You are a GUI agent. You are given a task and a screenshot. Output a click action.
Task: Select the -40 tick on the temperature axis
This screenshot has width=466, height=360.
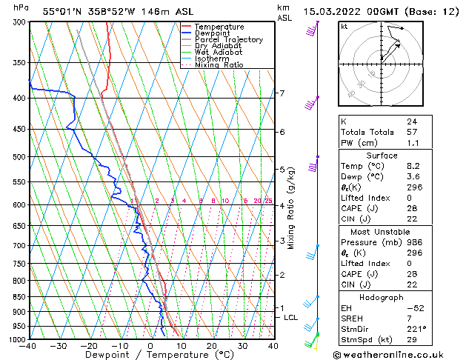pyautogui.click(x=28, y=346)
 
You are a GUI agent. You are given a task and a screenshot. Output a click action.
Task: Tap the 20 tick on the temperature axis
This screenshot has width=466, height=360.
pyautogui.click(x=211, y=346)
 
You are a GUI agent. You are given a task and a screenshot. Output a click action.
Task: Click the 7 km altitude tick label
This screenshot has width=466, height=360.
pyautogui.click(x=282, y=93)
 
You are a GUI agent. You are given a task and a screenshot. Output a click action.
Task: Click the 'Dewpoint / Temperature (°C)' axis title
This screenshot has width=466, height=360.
pyautogui.click(x=150, y=355)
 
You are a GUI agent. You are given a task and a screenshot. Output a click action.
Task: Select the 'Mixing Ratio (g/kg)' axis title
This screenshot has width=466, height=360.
pyautogui.click(x=291, y=208)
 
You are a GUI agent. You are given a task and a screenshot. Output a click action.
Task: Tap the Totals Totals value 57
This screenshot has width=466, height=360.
pyautogui.click(x=412, y=131)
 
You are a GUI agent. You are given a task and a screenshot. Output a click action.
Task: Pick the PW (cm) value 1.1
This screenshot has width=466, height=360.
pyautogui.click(x=412, y=142)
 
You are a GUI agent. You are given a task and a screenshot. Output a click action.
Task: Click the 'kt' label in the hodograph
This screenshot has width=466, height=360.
pyautogui.click(x=344, y=27)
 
